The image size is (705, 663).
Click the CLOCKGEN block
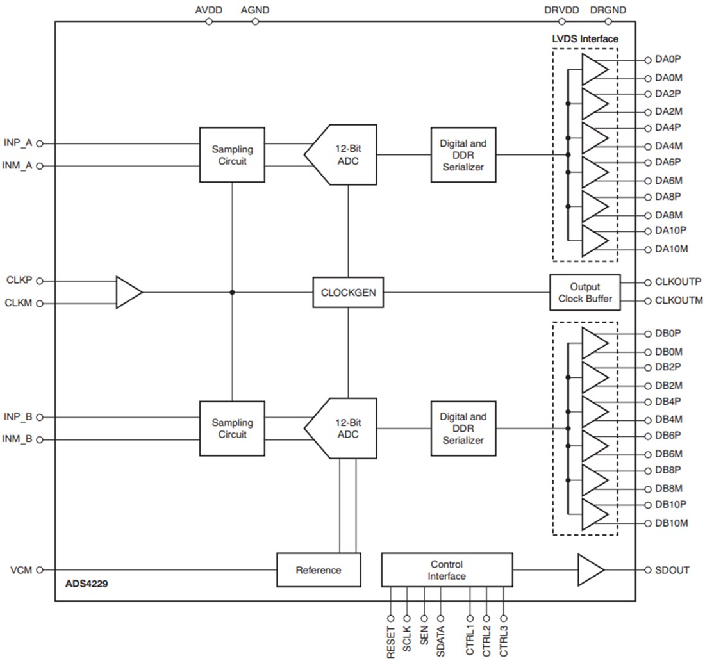pyautogui.click(x=348, y=292)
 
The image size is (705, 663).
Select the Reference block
pyautogui.click(x=319, y=569)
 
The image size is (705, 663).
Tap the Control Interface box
pyautogui.click(x=447, y=569)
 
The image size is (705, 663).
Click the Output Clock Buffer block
pyautogui.click(x=585, y=292)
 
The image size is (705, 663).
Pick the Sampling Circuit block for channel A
pyautogui.click(x=232, y=154)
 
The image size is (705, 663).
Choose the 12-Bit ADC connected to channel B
pyautogui.click(x=343, y=428)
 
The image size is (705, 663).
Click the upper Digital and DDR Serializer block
pyautogui.click(x=463, y=154)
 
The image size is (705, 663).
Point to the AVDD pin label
pyautogui.click(x=208, y=10)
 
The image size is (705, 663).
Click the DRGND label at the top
pyautogui.click(x=608, y=10)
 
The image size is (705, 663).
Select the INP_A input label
pyautogui.click(x=18, y=143)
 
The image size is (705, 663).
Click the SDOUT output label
pyautogui.click(x=672, y=569)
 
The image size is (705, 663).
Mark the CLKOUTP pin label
pyautogui.click(x=678, y=282)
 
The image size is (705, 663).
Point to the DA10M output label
pyautogui.click(x=672, y=249)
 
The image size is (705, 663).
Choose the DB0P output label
pyautogui.click(x=668, y=334)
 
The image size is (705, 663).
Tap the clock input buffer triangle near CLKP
pyautogui.click(x=128, y=292)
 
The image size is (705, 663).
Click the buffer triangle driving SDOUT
pyautogui.click(x=590, y=569)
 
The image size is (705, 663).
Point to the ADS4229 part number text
pyautogui.click(x=87, y=585)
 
